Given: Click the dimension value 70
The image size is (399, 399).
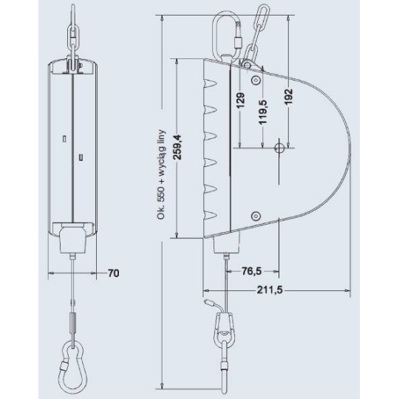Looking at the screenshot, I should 114,273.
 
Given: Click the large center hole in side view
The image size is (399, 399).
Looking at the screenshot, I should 279,148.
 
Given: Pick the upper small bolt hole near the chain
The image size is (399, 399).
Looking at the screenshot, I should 256,78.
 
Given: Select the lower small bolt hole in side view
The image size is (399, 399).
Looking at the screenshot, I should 255,216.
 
